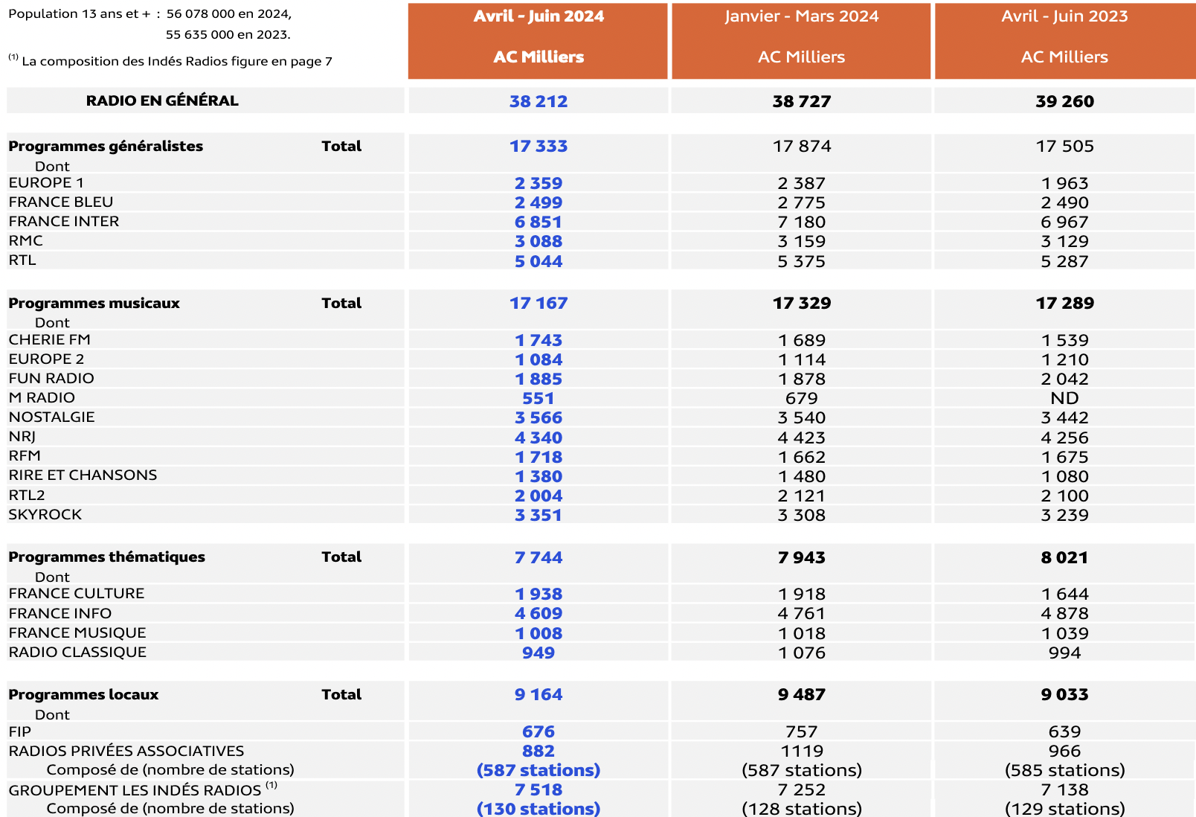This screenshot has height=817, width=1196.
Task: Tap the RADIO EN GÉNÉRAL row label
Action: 162,100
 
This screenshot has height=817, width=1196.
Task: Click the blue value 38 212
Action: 538,101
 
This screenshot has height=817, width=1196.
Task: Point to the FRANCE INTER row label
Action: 64,221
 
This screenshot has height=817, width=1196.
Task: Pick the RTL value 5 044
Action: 538,261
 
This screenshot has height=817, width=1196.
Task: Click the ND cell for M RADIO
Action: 1064,398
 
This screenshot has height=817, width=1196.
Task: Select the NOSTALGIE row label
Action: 52,417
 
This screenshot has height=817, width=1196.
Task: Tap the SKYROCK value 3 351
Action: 538,515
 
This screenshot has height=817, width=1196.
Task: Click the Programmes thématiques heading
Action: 106,557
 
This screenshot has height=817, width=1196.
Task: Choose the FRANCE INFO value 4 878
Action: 1064,613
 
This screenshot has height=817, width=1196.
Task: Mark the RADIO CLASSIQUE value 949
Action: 538,653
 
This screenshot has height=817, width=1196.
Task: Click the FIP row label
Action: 20,731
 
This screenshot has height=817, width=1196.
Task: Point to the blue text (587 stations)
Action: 538,770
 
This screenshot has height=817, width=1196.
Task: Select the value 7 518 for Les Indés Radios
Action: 538,789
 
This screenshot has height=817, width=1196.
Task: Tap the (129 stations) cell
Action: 1064,808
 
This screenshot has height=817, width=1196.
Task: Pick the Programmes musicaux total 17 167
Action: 538,303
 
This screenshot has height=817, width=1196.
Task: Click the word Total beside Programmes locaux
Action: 341,694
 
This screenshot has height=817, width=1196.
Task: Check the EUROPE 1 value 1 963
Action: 1064,183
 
